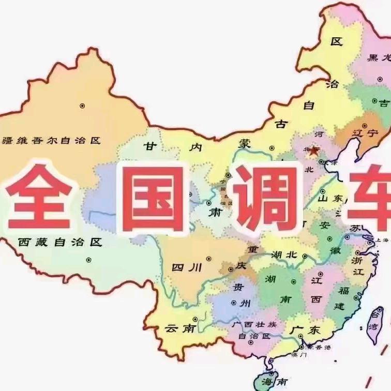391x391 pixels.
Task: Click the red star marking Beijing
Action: pyautogui.click(x=314, y=151)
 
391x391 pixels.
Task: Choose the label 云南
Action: pyautogui.click(x=180, y=328)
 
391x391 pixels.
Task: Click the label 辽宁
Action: pyautogui.click(x=365, y=133)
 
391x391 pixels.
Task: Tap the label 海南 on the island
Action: pyautogui.click(x=274, y=381)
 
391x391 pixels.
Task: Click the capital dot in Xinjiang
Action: pyautogui.click(x=82, y=106)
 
